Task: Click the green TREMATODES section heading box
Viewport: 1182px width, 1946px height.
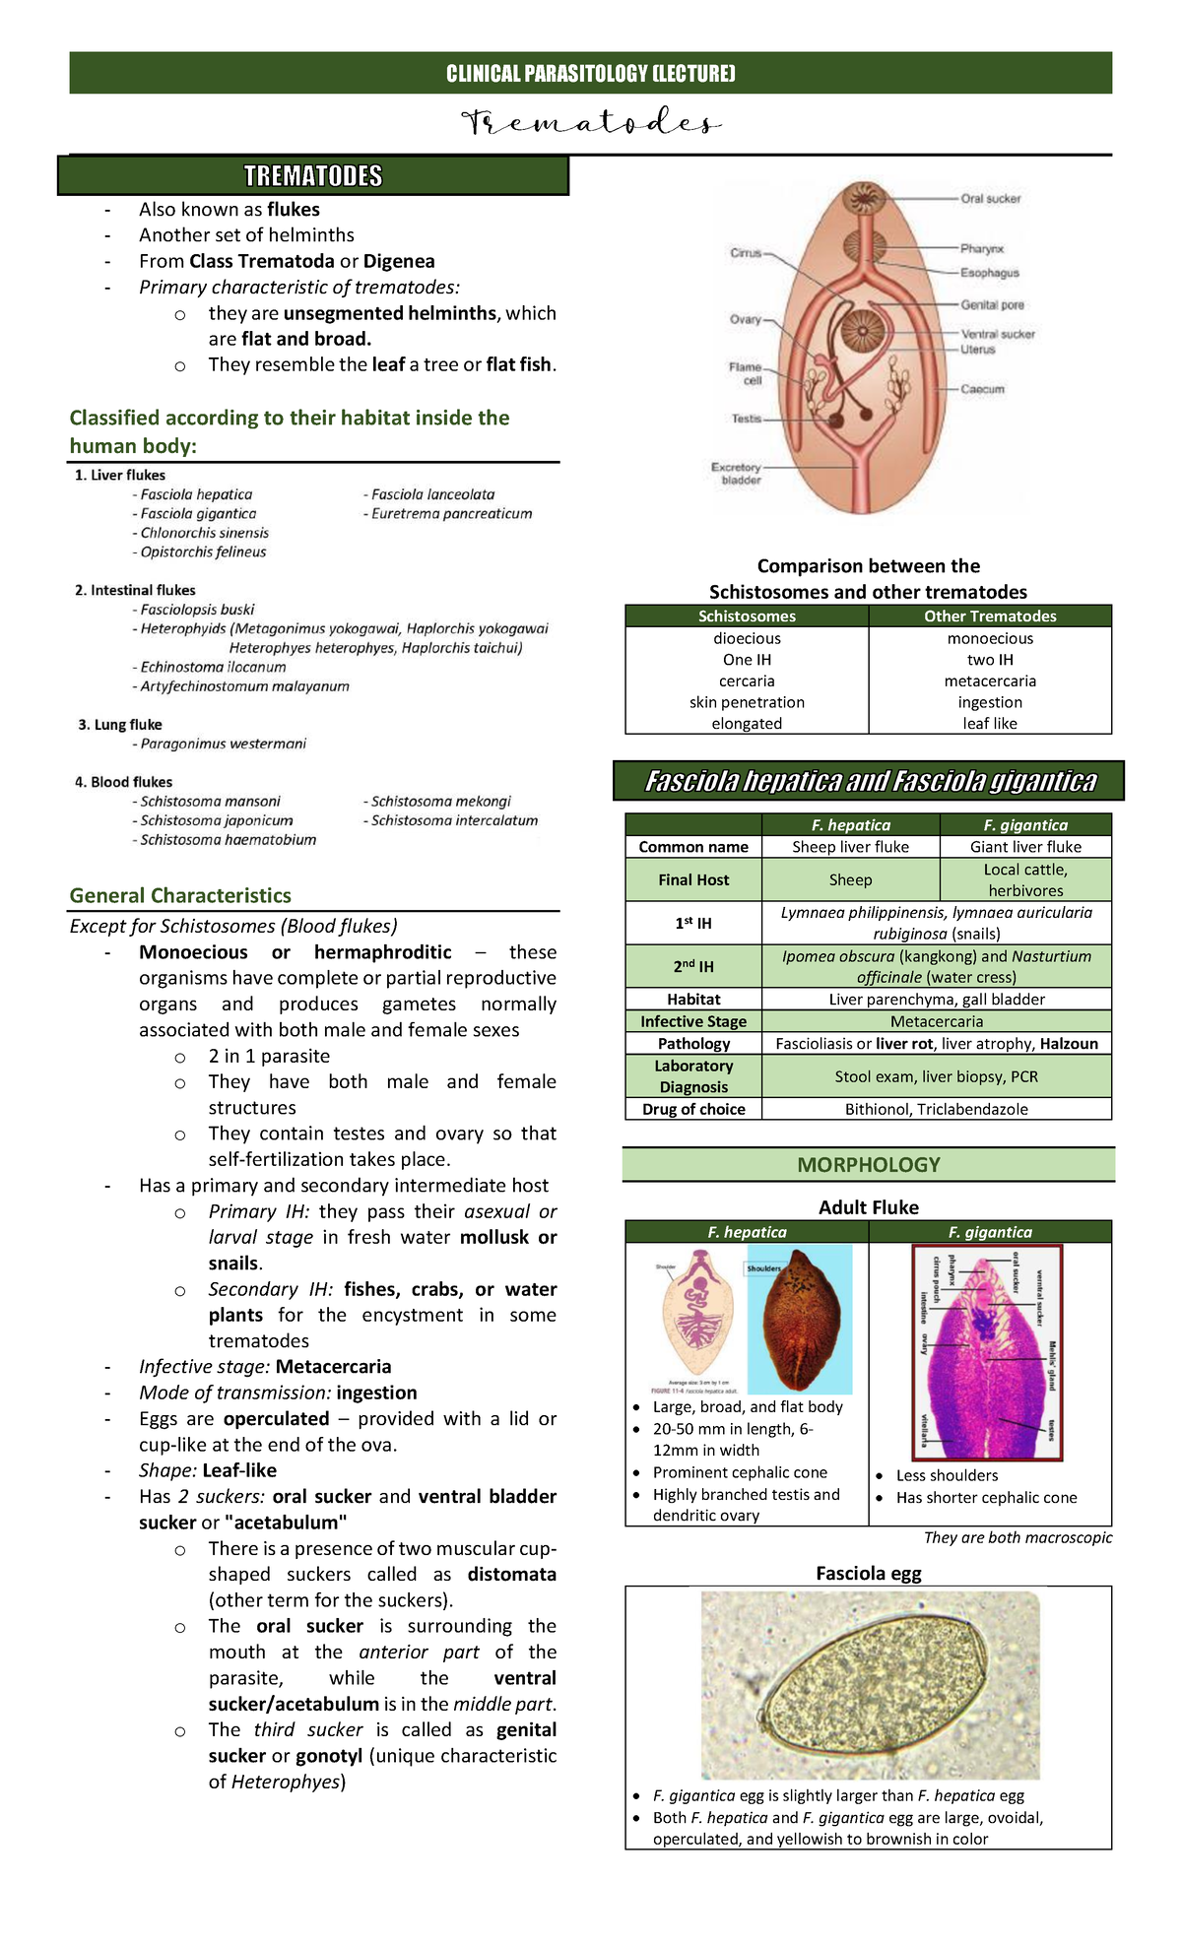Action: coord(313,176)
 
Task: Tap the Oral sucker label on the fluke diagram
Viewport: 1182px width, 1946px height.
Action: coord(990,199)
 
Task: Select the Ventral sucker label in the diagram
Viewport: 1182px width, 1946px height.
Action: coord(998,334)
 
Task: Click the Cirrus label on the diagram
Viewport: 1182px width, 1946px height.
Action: coord(746,253)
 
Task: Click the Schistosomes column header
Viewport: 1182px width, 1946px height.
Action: coord(747,616)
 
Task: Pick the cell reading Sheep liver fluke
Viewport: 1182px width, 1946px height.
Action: coord(850,847)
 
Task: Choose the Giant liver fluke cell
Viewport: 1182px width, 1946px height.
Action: coord(1025,847)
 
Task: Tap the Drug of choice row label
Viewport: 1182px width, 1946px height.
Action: coord(693,1109)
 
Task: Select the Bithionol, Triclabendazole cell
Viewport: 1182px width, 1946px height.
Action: coord(936,1109)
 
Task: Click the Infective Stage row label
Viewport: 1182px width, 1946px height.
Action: coord(693,1021)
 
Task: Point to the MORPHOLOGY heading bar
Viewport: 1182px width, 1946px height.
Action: coord(868,1165)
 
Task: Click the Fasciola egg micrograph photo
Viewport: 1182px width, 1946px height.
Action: coord(870,1684)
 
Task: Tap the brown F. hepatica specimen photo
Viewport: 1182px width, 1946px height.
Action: coord(799,1318)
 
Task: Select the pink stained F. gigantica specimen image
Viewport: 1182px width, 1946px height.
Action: coord(989,1351)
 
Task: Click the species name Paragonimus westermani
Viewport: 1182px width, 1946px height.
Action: coord(223,744)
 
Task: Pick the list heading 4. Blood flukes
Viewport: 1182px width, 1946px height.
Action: coord(123,782)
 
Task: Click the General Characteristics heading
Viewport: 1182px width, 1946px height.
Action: coord(180,895)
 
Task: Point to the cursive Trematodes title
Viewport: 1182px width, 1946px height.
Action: coord(591,124)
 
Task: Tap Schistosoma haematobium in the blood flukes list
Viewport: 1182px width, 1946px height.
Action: coord(228,840)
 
